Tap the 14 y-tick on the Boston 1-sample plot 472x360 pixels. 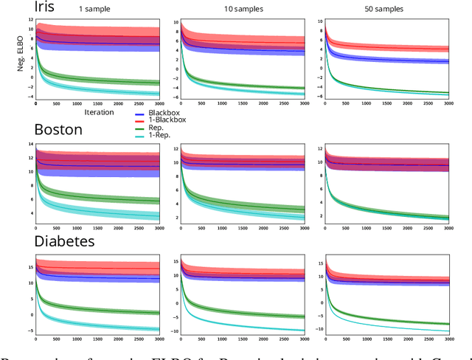tap(29, 143)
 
